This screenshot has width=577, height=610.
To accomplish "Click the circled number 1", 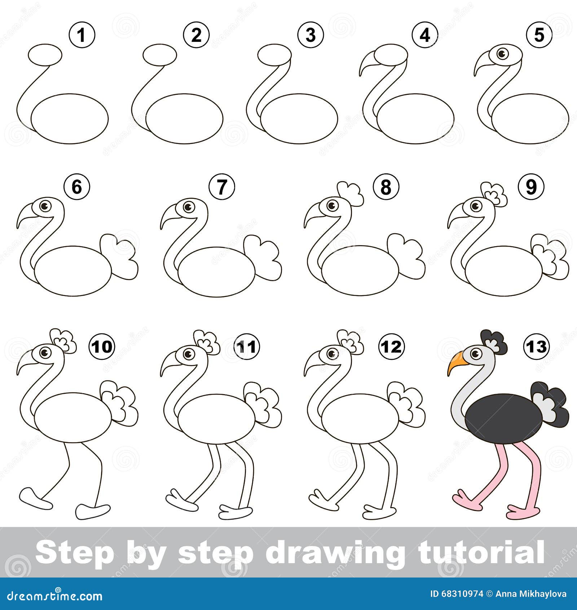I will click(x=82, y=35).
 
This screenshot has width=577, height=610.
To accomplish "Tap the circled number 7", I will click(x=222, y=187).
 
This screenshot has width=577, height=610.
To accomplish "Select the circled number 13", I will click(x=536, y=347).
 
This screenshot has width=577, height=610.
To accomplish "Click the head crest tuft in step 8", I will click(x=350, y=193).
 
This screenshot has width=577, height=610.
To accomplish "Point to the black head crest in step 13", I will click(x=494, y=341).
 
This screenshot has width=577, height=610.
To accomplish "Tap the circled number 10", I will click(x=102, y=347).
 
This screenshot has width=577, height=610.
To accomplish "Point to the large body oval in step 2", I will click(x=184, y=119).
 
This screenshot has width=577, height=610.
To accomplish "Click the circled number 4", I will click(x=425, y=35).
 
